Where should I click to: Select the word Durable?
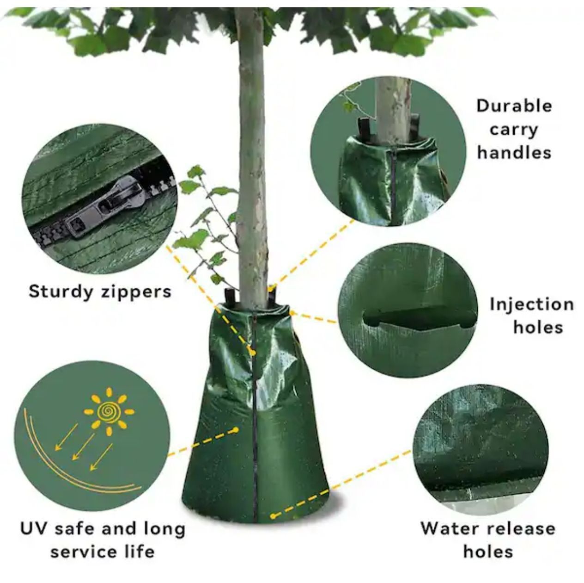pyautogui.click(x=514, y=106)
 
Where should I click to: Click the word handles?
pyautogui.click(x=514, y=152)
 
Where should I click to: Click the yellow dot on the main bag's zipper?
pyautogui.click(x=252, y=353)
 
